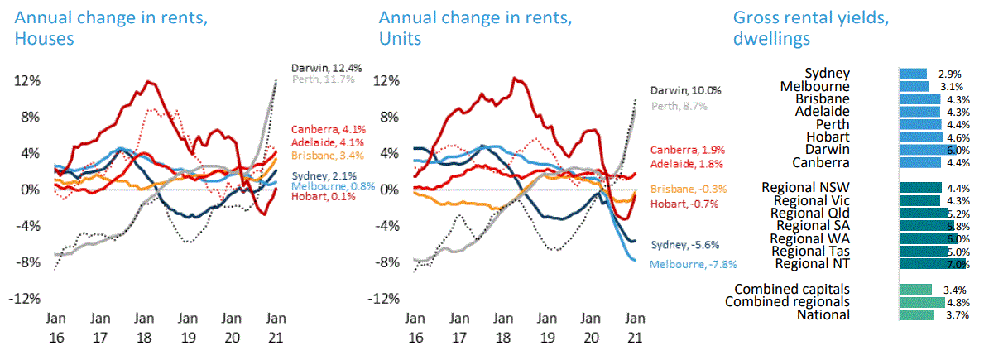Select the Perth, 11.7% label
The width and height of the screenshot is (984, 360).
[323, 79]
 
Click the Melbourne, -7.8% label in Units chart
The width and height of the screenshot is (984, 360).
[693, 265]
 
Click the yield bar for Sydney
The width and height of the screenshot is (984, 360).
[913, 74]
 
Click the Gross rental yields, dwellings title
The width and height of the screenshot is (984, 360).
[811, 28]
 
